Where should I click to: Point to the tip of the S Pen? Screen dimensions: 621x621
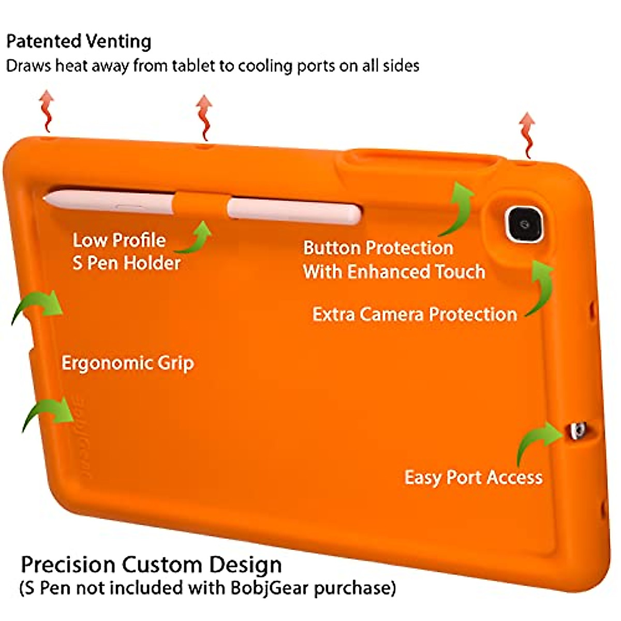[47, 197]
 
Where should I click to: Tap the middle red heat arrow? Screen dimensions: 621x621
[204, 116]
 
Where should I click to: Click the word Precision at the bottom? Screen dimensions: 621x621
[68, 564]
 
